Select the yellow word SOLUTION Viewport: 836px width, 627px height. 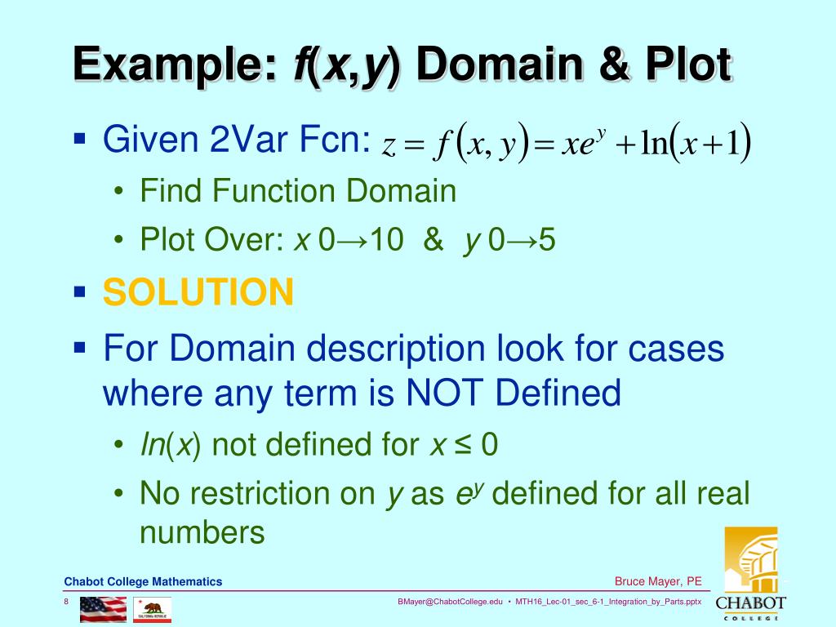coord(198,291)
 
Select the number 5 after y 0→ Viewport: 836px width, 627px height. coord(547,241)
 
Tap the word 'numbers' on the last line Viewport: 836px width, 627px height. coord(202,532)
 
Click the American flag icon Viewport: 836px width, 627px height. coord(103,608)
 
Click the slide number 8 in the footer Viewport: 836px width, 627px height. coord(66,602)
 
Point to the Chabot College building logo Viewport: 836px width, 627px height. coord(750,563)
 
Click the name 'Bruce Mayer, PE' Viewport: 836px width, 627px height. coord(658,581)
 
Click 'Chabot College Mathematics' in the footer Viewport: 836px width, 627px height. coord(143,581)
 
